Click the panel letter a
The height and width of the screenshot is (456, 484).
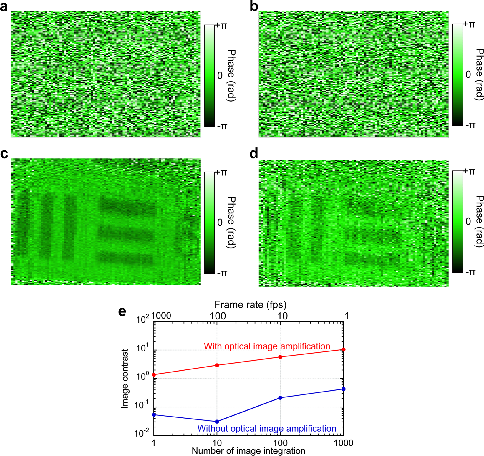[x=4, y=6]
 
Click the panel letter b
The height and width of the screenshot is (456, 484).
[x=254, y=6]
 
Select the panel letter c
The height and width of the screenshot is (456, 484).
[x=4, y=154]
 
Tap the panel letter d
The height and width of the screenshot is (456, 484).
[x=254, y=154]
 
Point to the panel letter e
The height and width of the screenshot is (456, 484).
[x=122, y=311]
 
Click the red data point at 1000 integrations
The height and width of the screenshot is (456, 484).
[x=343, y=350]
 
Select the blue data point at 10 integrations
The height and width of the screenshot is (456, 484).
[x=217, y=422]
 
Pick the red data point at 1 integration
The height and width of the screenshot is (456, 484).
[x=154, y=375]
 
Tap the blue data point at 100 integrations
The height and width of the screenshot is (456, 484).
[x=280, y=398]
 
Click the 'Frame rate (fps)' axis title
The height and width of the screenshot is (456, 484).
[x=250, y=304]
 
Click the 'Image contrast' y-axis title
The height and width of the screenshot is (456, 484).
[x=125, y=379]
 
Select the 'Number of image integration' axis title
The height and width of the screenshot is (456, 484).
[x=248, y=451]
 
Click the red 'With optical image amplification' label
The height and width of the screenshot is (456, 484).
[x=267, y=346]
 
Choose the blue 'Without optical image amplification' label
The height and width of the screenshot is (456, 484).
[x=267, y=428]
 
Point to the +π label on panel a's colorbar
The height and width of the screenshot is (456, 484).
[x=222, y=26]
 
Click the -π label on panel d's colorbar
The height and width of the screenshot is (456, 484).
[x=470, y=272]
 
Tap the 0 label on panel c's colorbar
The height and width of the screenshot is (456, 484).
[x=220, y=223]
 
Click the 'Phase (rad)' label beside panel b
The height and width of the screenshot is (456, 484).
[x=479, y=75]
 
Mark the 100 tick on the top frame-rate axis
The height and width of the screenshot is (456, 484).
[x=217, y=316]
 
